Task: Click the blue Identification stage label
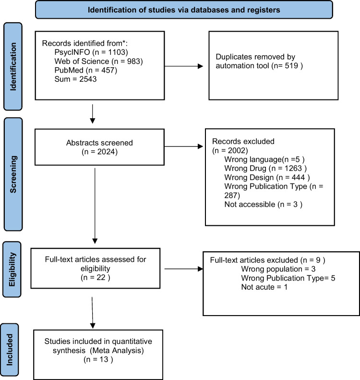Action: (x=13, y=66)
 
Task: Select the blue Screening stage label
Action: (x=13, y=174)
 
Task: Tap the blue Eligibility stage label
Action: (x=12, y=269)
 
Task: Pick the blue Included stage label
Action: (x=10, y=349)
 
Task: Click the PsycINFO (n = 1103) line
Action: (x=91, y=52)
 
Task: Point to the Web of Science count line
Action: (x=98, y=61)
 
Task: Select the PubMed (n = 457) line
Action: (x=86, y=70)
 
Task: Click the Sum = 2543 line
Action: (x=75, y=79)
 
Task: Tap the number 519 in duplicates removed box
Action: (x=291, y=66)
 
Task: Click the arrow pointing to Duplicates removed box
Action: (x=184, y=66)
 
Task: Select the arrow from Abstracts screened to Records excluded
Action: (x=184, y=147)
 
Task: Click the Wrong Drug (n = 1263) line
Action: (x=265, y=168)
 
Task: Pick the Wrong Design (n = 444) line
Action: (x=267, y=177)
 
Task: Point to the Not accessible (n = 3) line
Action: (x=264, y=204)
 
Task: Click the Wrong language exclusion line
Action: (x=264, y=159)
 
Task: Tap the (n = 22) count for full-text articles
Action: (x=96, y=277)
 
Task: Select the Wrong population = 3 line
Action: (x=278, y=269)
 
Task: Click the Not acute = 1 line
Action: (x=264, y=287)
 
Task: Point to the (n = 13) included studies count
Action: (x=98, y=359)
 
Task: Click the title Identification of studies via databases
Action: (x=184, y=10)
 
